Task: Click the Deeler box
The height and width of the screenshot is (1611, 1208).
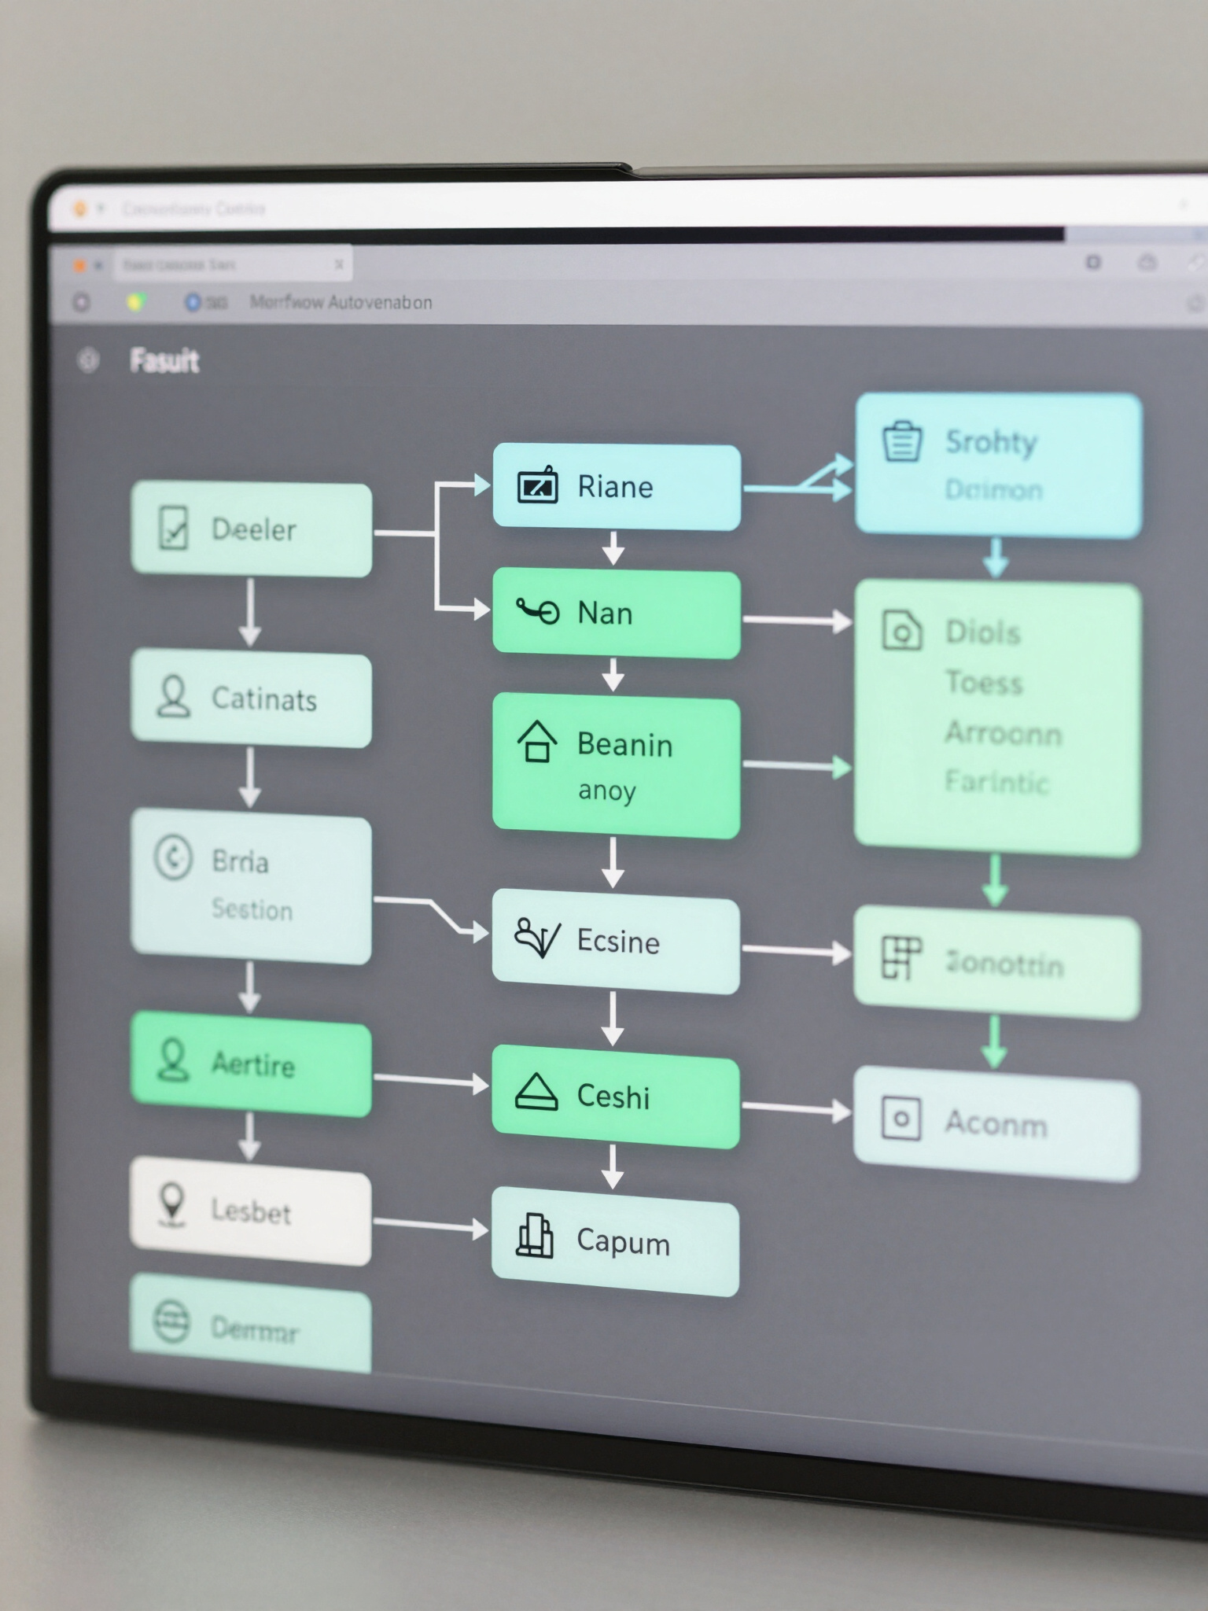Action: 251,529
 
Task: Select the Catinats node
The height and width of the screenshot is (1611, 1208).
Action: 251,699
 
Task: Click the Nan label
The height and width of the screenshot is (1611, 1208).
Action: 605,614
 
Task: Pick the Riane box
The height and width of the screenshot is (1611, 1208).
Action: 616,487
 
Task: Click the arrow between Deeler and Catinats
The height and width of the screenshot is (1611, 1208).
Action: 250,612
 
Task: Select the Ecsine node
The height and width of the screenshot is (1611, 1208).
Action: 616,942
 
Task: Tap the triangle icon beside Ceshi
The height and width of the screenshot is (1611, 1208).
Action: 536,1093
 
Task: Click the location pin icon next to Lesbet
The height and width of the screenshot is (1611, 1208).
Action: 172,1204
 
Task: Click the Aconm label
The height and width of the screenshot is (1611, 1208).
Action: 996,1123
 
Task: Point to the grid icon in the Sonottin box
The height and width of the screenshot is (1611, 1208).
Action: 900,957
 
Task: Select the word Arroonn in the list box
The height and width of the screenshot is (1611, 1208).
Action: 1003,733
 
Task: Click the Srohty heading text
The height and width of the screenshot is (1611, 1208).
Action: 991,442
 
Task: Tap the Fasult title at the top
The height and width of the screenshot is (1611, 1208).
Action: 164,361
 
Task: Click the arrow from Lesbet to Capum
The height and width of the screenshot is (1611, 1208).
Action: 430,1226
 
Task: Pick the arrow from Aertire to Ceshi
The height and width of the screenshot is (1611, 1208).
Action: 430,1082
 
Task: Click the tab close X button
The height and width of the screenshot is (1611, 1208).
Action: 339,265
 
